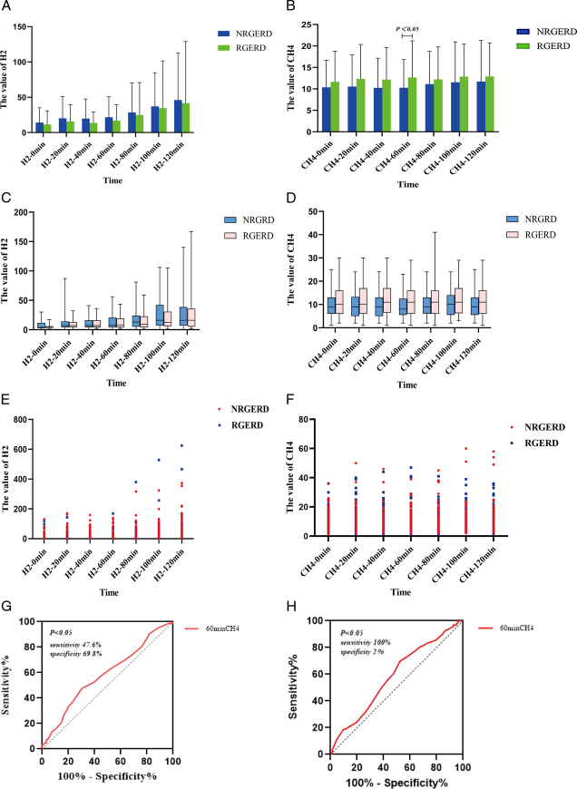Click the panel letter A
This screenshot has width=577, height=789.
pos(6,7)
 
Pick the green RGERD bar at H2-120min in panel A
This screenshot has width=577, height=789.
pos(187,117)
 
